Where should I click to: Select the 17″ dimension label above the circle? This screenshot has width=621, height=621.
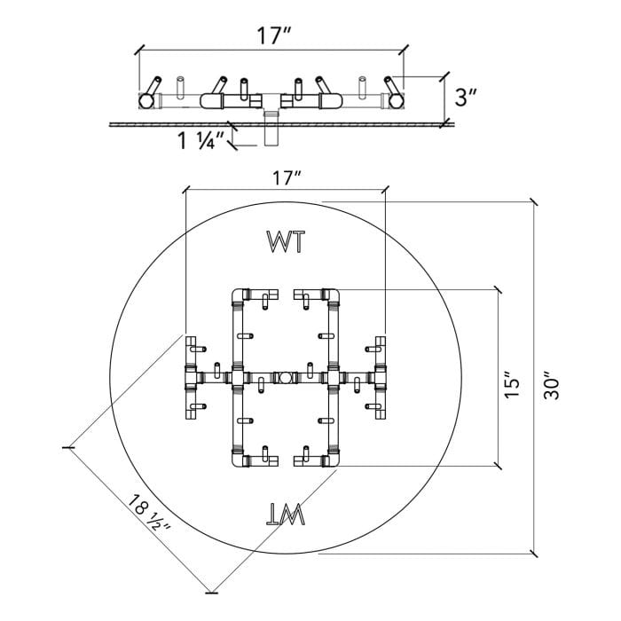[287, 177]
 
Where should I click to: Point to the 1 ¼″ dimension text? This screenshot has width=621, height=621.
[200, 140]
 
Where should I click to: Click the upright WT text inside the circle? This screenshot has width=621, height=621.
[286, 240]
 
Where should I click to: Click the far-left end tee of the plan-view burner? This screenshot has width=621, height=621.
[190, 377]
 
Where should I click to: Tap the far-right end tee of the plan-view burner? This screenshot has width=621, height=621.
[381, 377]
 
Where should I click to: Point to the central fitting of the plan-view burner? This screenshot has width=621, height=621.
[284, 377]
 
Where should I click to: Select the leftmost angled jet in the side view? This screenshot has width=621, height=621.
[152, 89]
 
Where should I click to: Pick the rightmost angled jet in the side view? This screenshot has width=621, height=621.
[391, 89]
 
